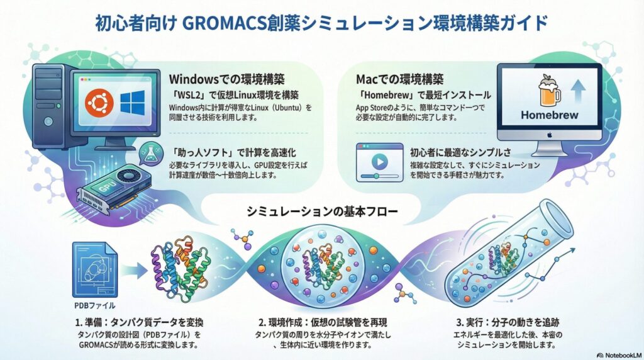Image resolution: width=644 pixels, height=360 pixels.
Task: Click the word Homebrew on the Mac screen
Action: point(549,116)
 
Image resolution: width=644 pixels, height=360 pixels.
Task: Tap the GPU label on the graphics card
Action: point(110,186)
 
